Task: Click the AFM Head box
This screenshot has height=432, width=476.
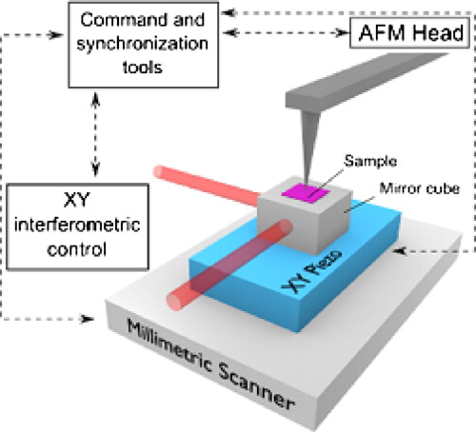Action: point(409,33)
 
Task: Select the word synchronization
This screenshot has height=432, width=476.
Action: point(143,44)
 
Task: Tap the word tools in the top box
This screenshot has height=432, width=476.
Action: point(143,68)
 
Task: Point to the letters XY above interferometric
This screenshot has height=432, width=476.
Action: point(77,200)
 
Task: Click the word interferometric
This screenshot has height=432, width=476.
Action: point(77,225)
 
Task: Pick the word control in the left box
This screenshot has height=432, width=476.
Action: point(77,249)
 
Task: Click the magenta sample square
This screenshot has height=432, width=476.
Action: point(306,193)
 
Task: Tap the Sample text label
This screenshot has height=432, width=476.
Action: point(370,161)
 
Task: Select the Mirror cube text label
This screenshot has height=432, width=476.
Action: point(420,188)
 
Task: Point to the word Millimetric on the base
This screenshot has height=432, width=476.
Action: point(169,345)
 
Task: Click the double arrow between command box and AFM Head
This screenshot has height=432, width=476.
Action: point(286,32)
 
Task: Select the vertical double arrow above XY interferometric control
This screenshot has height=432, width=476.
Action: point(95,134)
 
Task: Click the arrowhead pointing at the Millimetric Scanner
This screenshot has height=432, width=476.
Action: point(88,319)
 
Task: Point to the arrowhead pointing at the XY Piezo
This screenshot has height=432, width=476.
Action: point(400,251)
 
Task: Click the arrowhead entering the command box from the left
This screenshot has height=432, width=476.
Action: point(56,35)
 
